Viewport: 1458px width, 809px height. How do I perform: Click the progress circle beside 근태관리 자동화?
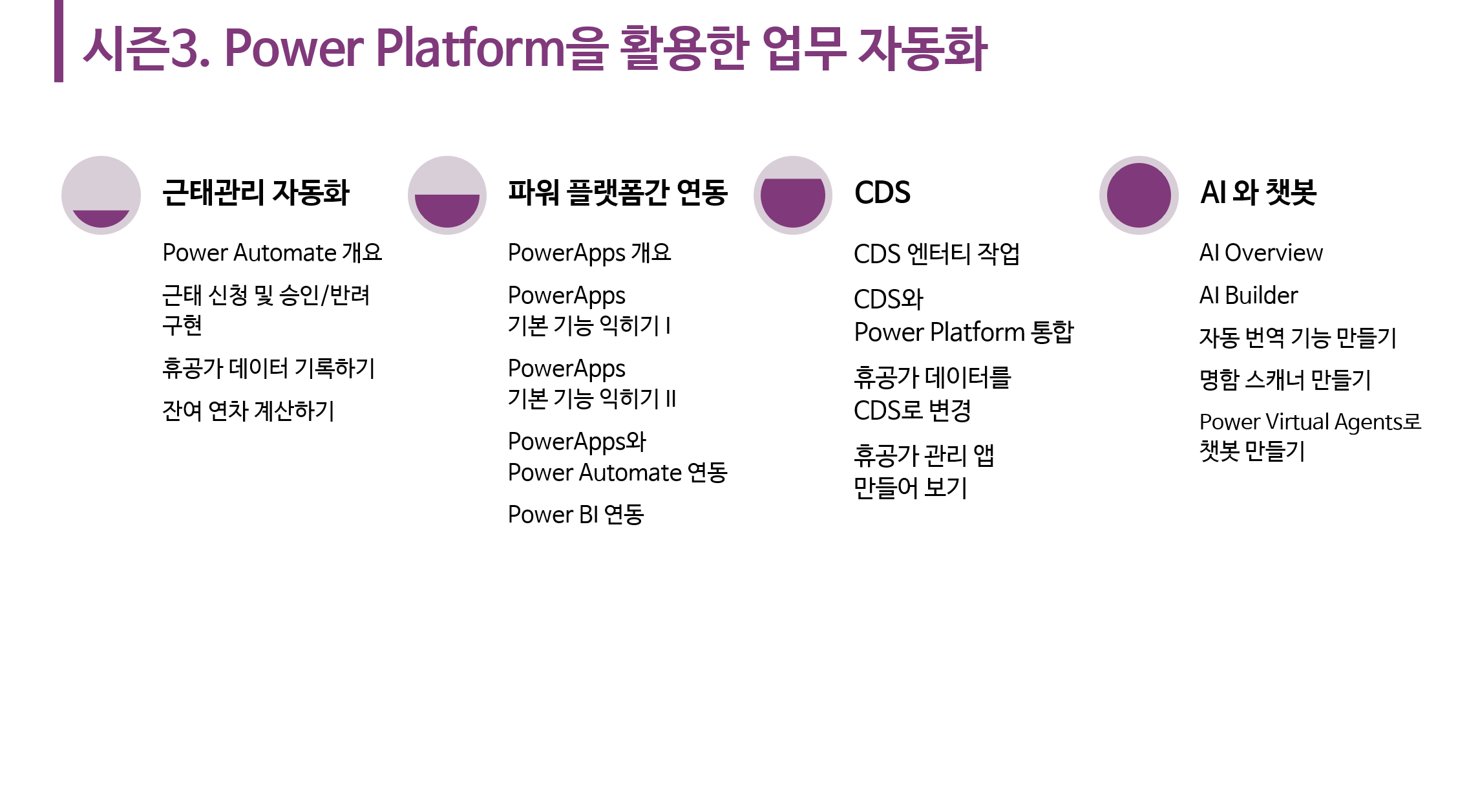coord(101,195)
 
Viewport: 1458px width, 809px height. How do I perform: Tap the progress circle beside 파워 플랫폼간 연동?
coord(447,195)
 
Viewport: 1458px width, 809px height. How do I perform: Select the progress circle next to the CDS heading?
coord(793,195)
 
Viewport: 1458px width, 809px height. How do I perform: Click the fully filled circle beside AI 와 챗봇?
coord(1139,195)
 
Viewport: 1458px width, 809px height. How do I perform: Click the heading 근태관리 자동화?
coord(256,192)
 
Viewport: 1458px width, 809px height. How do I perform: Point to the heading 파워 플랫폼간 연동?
coord(618,192)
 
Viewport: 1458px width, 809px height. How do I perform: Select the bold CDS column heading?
coord(882,192)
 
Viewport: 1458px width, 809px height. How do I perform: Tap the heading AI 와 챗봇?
coord(1258,192)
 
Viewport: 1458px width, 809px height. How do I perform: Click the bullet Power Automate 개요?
coord(272,253)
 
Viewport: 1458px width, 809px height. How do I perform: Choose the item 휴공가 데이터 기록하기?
coord(268,368)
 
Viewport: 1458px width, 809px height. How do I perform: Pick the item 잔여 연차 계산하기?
coord(248,411)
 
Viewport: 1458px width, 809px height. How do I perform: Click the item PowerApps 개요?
coord(589,253)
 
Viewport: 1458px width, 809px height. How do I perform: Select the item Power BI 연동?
coord(576,515)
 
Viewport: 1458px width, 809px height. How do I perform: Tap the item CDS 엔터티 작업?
coord(936,253)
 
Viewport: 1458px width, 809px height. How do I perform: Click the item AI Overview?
coord(1261,253)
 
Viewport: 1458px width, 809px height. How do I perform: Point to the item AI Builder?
coord(1249,296)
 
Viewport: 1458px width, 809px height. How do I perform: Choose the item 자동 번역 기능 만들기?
coord(1298,338)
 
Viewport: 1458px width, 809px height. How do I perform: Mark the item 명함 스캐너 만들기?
coord(1285,380)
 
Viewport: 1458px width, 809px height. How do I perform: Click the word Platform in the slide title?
coord(470,48)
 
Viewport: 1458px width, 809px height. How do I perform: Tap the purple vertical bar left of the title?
coord(59,41)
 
